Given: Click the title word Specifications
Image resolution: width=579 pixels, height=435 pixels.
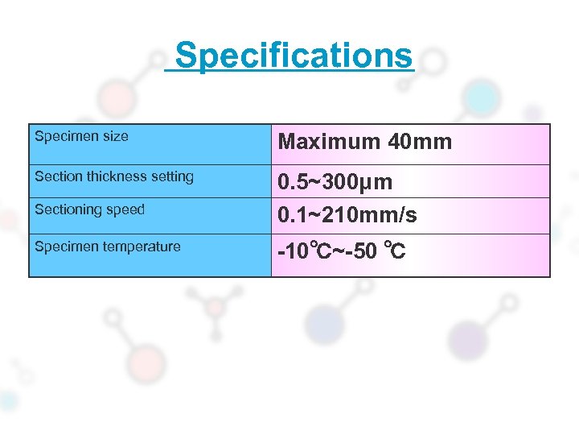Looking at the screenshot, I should click(294, 56).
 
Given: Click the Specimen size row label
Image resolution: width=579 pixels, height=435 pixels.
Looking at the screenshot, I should click(81, 137).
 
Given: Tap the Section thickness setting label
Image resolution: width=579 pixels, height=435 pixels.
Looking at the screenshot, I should click(114, 176).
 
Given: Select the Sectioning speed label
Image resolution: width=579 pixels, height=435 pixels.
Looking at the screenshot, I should click(89, 209).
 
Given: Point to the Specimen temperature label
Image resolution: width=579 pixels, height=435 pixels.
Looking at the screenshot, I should click(108, 246).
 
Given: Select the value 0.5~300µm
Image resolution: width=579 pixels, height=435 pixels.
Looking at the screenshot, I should click(335, 182).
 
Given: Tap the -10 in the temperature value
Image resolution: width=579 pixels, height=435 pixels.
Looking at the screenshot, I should click(291, 253).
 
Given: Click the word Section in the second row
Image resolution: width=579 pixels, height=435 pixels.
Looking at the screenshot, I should click(56, 176).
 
